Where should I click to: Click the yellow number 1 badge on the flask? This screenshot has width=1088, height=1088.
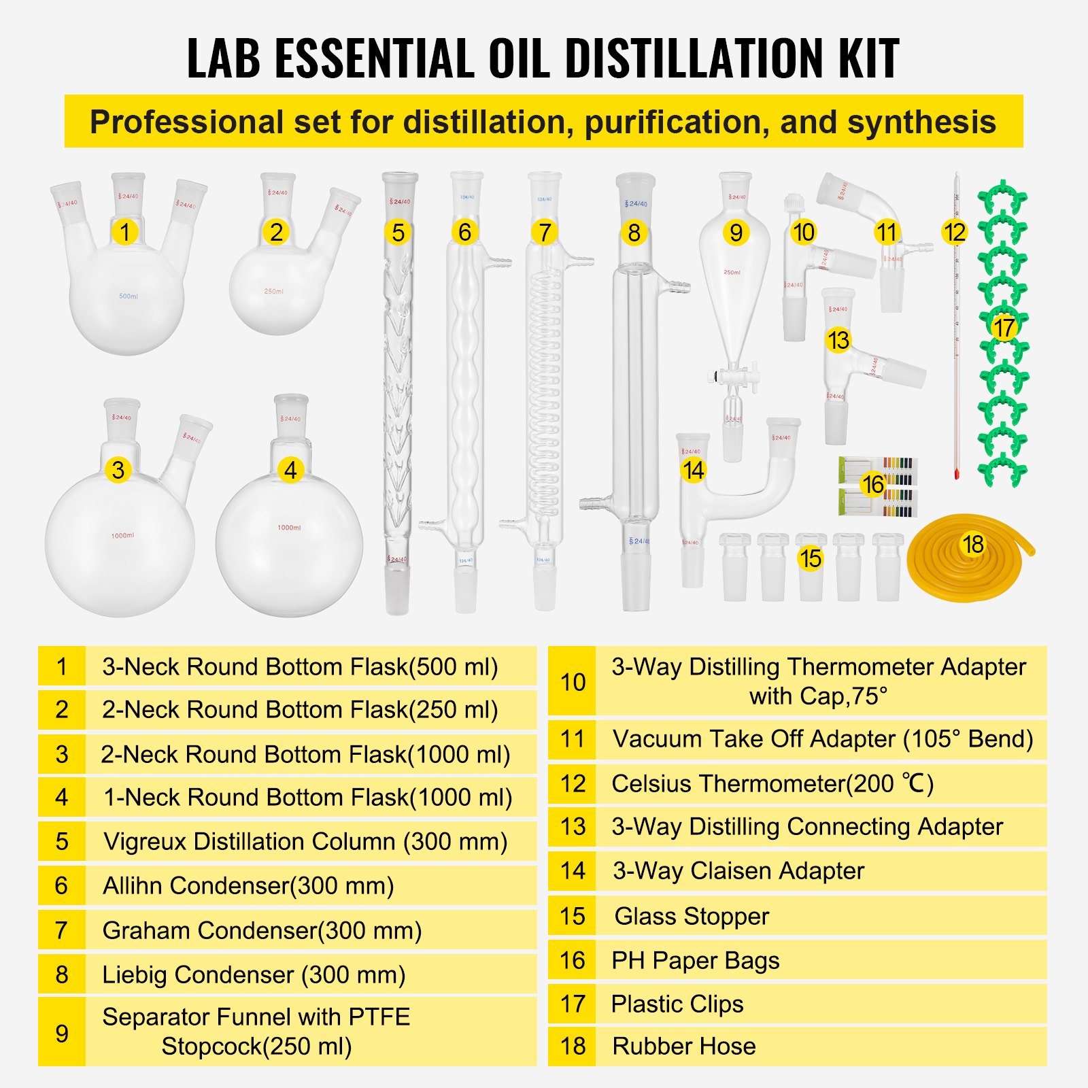click(x=124, y=232)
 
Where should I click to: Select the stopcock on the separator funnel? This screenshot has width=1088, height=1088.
click(x=733, y=375)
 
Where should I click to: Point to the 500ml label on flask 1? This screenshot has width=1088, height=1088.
click(x=129, y=296)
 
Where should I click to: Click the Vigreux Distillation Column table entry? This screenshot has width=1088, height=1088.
click(x=305, y=841)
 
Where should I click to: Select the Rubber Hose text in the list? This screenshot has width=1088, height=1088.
click(x=683, y=1046)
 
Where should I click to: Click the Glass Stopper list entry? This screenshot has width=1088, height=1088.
click(x=692, y=916)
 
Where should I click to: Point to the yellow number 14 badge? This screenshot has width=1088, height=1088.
click(x=693, y=470)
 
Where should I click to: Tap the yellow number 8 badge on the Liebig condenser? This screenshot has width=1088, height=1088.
click(x=634, y=233)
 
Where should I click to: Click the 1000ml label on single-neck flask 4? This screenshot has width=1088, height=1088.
click(x=289, y=528)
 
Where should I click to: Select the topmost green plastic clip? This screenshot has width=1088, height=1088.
click(x=1002, y=198)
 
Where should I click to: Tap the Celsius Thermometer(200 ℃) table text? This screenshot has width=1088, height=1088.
click(x=772, y=783)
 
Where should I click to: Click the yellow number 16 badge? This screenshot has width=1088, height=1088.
click(x=873, y=484)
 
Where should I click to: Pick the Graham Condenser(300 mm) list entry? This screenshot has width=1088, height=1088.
click(x=262, y=930)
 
